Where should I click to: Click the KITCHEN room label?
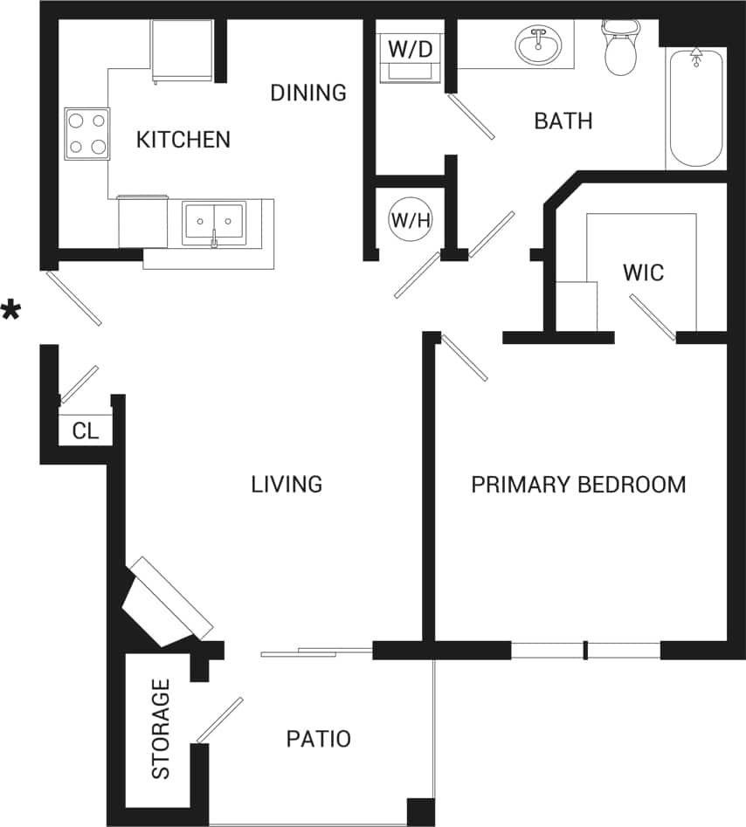pos(183,139)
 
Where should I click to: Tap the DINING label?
pos(308,93)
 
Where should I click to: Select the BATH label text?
pos(563,121)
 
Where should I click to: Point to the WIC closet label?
pos(643,272)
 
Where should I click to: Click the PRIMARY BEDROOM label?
pos(578,485)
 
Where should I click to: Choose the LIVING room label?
pos(287,484)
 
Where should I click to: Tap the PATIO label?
pos(319,740)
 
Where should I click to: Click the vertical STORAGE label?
pos(161,729)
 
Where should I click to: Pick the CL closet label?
pos(86,431)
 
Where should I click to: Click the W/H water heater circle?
pos(411,220)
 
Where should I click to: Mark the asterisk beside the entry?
pos(11,311)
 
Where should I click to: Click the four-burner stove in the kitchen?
pos(87,134)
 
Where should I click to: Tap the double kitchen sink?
pos(213,223)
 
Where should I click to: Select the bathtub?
pos(695,108)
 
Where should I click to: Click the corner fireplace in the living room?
pos(166,603)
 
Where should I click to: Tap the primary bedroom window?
pos(585,650)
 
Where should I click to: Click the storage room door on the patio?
pos(219,720)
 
